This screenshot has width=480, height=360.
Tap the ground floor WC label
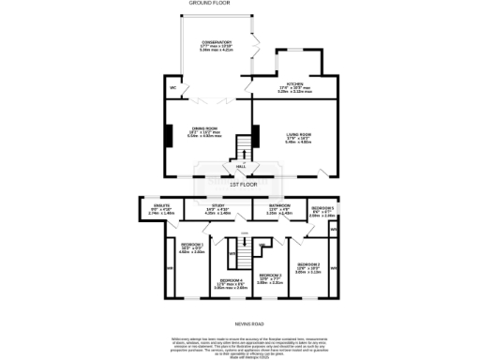(172, 89)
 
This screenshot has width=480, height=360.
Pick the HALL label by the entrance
(241, 166)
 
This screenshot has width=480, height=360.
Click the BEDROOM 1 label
(191, 248)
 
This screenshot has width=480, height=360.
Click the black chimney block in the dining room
(170, 137)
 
